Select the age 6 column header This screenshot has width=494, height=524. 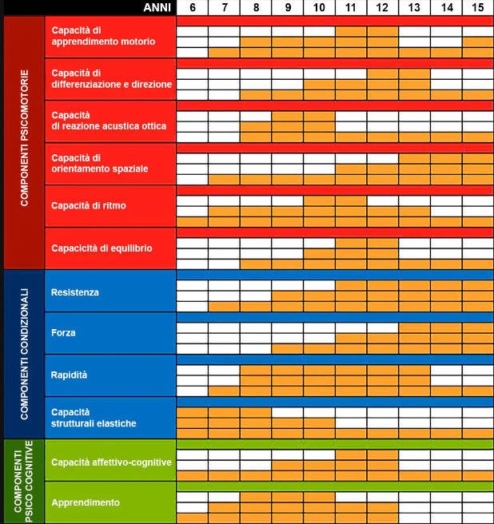[192, 7]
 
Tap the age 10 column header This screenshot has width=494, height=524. [319, 7]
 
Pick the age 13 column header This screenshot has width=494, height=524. [414, 7]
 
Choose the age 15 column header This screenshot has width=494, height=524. [477, 7]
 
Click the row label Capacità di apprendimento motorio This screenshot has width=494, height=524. [103, 35]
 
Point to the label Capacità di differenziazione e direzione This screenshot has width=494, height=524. [111, 78]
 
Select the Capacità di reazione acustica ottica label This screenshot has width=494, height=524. [109, 121]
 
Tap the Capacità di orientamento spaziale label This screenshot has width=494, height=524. [99, 163]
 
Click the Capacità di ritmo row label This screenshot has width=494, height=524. [89, 206]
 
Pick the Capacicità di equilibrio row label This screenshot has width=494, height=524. [102, 248]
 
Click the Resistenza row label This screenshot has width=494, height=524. [75, 292]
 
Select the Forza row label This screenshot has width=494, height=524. [64, 333]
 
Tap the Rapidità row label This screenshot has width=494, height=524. [70, 375]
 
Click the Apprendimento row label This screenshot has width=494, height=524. [86, 502]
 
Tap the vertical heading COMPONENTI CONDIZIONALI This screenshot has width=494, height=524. [25, 353]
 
